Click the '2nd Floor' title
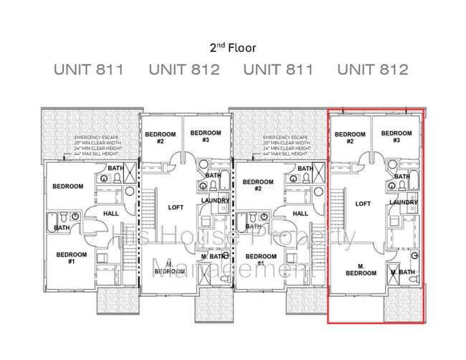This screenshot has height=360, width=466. pos(232,48)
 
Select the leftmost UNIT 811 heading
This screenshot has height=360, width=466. pos(89,70)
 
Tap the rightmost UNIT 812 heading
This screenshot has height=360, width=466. pos(373,70)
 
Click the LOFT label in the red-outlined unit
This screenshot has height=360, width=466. pos(363,204)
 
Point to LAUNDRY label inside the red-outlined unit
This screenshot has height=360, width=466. pos(404,202)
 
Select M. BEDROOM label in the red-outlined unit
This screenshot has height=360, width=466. pos(361,269)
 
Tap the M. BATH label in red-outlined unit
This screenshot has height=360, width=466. pos(402,272)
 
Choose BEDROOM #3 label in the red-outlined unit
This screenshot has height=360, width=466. pos(396,137)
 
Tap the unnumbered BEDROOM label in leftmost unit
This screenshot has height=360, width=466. pos(67,186)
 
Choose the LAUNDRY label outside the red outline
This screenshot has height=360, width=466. pos(215,201)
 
